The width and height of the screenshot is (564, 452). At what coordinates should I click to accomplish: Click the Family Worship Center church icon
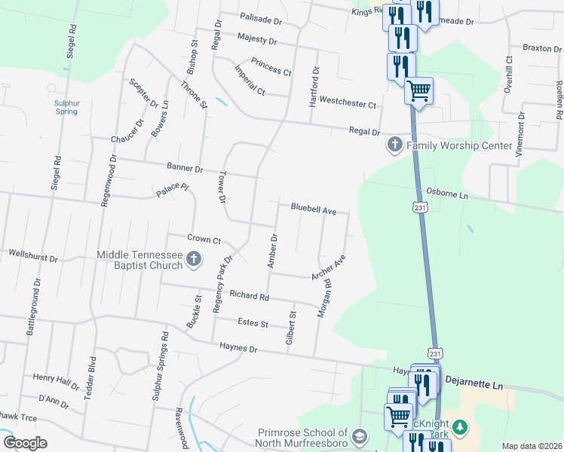click(394, 145)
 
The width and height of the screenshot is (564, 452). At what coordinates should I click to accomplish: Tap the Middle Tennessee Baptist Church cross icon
click(194, 261)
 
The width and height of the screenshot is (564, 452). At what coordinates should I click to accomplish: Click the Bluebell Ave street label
click(314, 211)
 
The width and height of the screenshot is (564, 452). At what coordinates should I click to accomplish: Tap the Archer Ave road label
click(329, 267)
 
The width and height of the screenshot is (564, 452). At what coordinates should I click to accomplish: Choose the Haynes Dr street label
click(238, 348)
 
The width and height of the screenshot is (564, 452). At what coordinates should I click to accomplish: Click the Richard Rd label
click(250, 297)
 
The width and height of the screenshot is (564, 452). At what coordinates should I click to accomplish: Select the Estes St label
click(253, 323)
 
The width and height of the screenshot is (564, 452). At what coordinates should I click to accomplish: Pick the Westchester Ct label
click(348, 102)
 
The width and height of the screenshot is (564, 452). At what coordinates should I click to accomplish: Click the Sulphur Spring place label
click(66, 107)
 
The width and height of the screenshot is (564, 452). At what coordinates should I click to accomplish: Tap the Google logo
click(26, 443)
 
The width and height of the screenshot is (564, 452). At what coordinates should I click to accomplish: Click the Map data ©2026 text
click(532, 446)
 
